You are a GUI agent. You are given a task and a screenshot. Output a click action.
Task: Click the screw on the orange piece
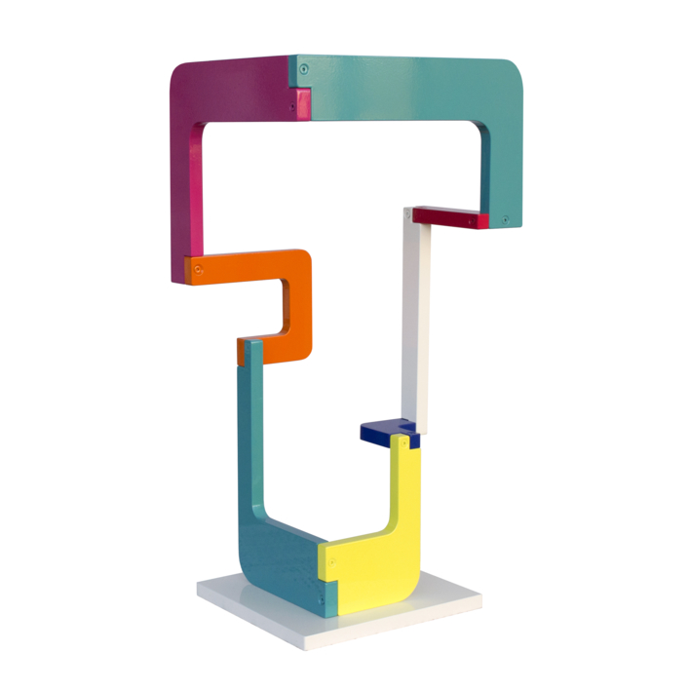[x=198, y=268]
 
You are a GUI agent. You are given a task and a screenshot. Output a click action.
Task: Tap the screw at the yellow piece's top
[x=402, y=443]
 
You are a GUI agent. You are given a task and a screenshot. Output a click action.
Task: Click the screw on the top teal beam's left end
[x=305, y=70]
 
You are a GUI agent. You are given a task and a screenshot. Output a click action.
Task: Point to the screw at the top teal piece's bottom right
[x=504, y=220]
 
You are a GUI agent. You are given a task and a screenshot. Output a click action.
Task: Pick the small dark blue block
[x=388, y=432]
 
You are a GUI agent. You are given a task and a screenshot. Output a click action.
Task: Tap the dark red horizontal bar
[x=448, y=217]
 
